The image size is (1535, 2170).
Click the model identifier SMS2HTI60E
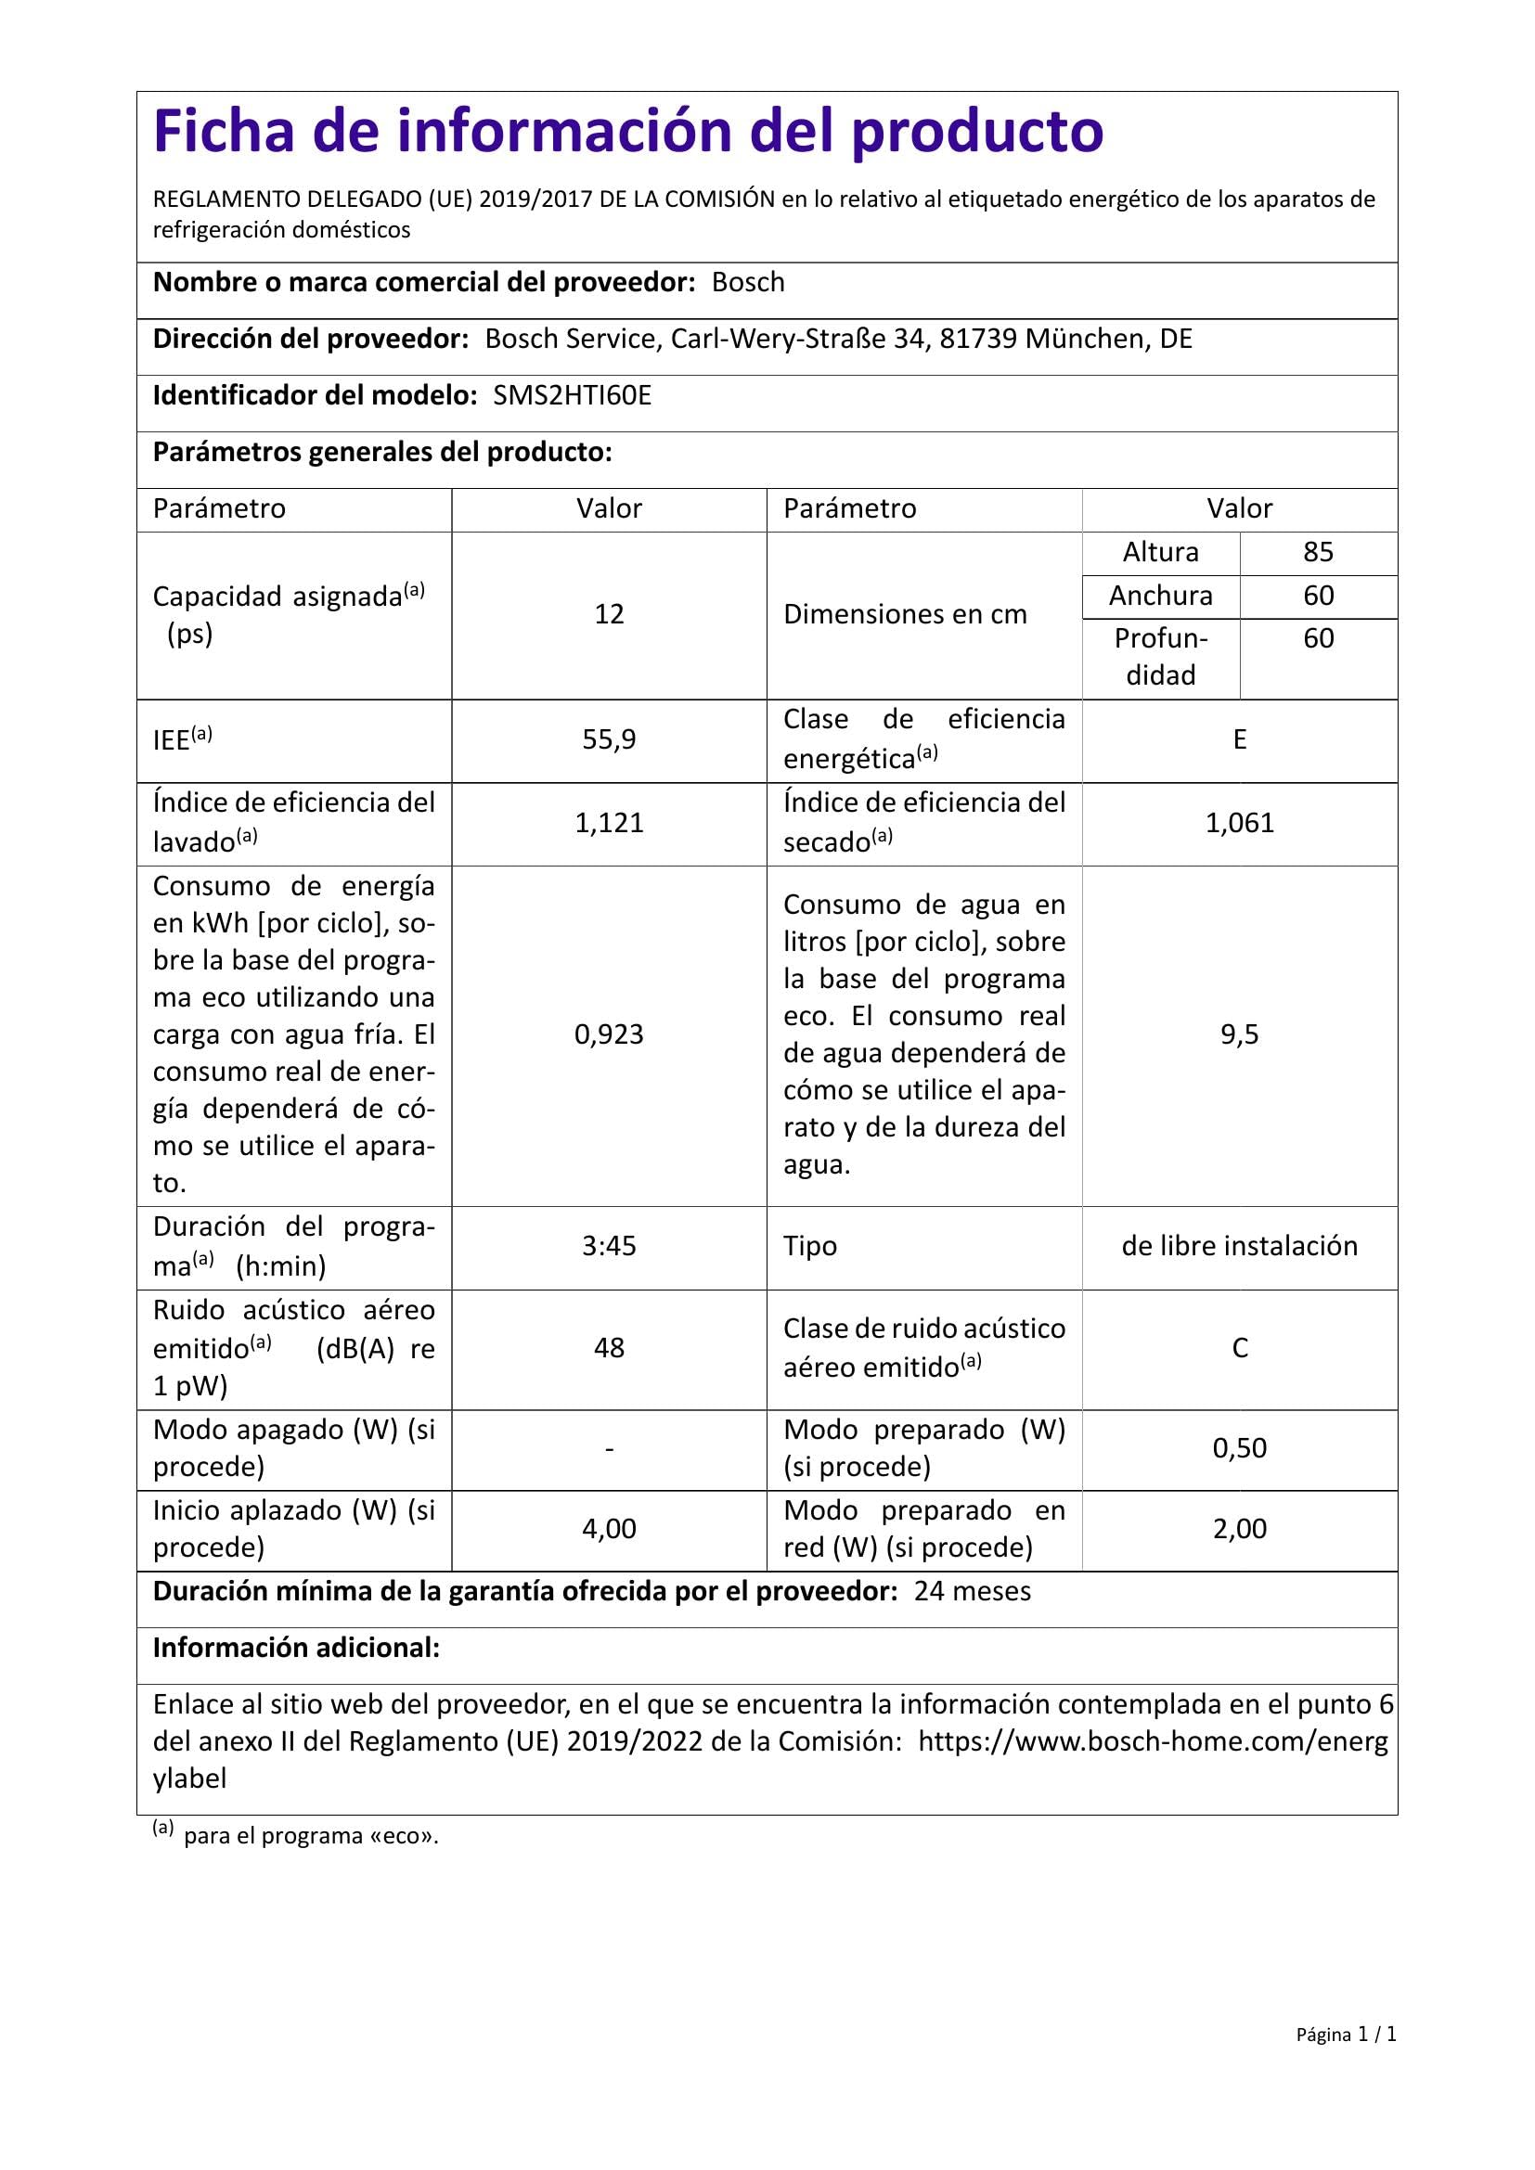click(x=572, y=396)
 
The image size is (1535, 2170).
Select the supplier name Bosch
click(x=748, y=283)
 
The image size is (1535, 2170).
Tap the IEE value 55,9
click(x=609, y=740)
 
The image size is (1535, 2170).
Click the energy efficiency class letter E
click(x=1239, y=740)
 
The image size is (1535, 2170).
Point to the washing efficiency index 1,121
click(x=609, y=823)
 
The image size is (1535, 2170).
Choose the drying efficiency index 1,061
click(x=1239, y=823)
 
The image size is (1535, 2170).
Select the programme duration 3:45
click(x=609, y=1247)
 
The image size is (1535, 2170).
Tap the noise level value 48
click(x=609, y=1349)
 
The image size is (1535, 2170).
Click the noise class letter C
click(x=1239, y=1349)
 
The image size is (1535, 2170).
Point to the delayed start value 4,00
click(x=609, y=1529)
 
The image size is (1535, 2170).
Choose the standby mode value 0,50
click(x=1239, y=1449)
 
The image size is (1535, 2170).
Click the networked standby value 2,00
click(x=1239, y=1529)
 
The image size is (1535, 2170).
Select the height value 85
click(x=1318, y=553)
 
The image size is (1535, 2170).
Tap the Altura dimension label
click(x=1161, y=553)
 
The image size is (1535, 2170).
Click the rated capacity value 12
click(x=609, y=615)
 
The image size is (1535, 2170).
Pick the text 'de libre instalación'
click(x=1239, y=1247)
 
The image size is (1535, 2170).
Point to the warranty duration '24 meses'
click(x=973, y=1592)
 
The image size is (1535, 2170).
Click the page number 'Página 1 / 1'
click(x=1346, y=2061)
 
